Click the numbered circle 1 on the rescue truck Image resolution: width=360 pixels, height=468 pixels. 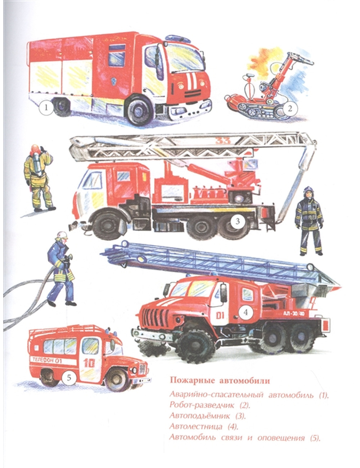46,108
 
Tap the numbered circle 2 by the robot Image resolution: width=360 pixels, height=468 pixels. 290,109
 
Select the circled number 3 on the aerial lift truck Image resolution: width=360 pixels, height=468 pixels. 238,221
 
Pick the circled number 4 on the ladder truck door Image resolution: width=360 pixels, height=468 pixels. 246,312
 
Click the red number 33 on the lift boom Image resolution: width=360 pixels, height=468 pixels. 223,141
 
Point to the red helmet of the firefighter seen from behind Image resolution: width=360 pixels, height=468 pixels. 35,149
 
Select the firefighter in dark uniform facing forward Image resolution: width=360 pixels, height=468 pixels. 309,221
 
